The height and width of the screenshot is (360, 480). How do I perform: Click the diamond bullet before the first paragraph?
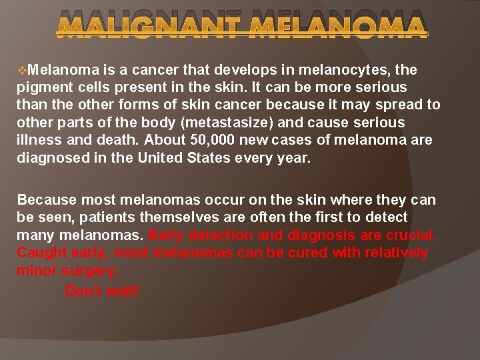[x=23, y=70]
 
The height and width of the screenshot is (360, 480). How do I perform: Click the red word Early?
[x=168, y=235]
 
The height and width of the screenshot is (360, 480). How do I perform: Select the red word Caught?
[x=39, y=253]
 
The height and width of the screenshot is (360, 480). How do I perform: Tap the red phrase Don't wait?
[x=103, y=291]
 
